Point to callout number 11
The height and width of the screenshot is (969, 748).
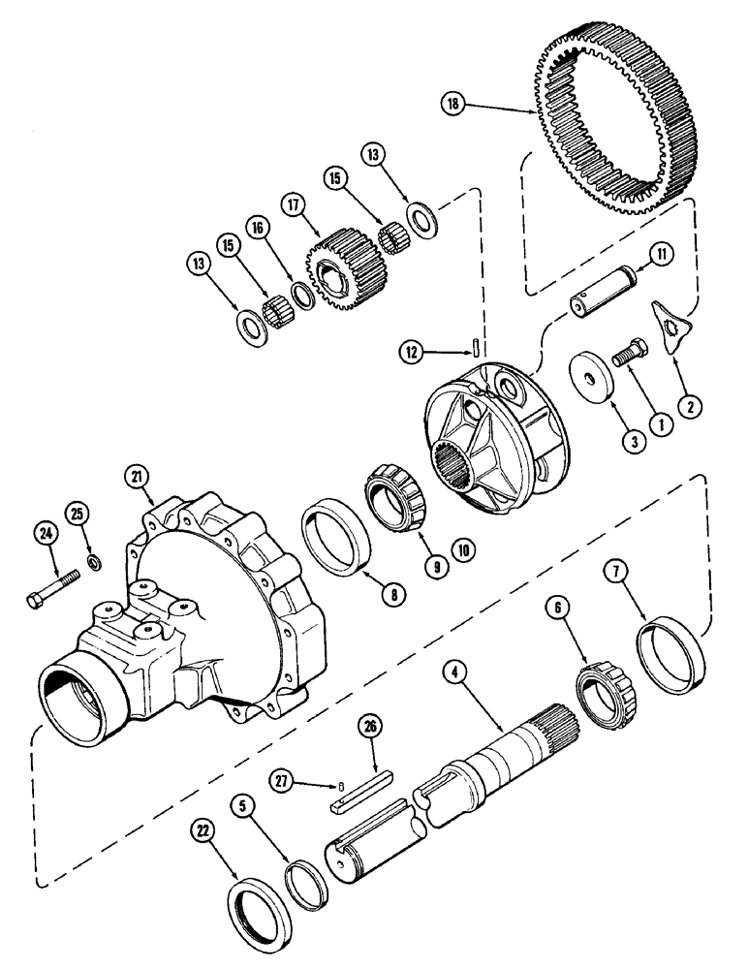click(x=662, y=256)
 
